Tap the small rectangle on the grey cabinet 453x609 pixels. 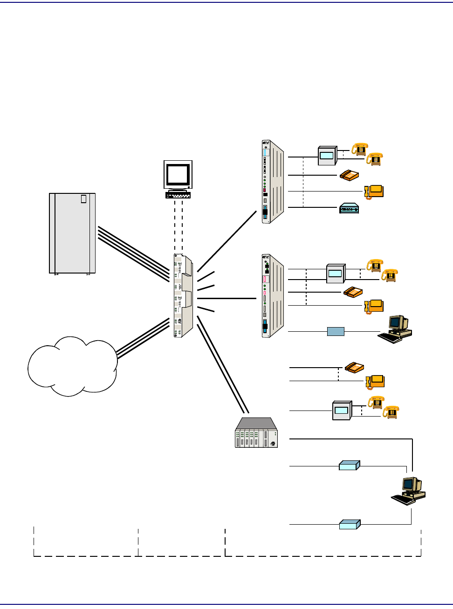[83, 199]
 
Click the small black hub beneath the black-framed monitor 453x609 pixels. [178, 195]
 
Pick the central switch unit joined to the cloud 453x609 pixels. [183, 296]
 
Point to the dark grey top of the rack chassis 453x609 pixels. [256, 423]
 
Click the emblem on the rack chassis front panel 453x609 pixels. [273, 443]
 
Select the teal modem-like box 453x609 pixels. [349, 208]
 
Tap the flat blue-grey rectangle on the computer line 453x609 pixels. [336, 331]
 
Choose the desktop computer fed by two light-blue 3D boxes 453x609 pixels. [408, 491]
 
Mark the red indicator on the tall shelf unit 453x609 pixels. [265, 190]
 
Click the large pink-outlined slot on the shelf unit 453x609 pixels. [265, 279]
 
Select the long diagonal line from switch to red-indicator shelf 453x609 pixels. [227, 241]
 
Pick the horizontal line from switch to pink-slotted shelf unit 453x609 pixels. [227, 298]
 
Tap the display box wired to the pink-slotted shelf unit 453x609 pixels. [336, 274]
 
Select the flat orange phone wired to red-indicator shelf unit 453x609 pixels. [349, 175]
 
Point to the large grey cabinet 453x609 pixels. [72, 233]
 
